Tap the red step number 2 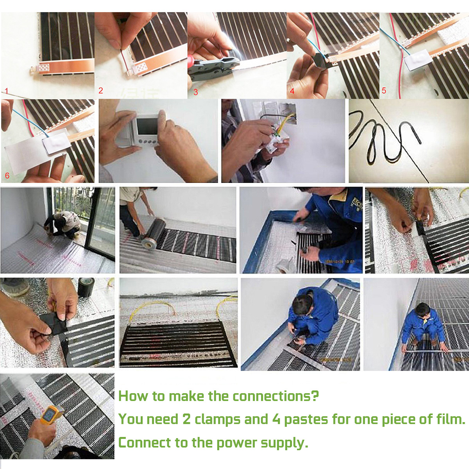101,91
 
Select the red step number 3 195,92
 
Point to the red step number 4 292,91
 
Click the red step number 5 384,91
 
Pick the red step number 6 7,175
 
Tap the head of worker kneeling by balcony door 59,216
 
